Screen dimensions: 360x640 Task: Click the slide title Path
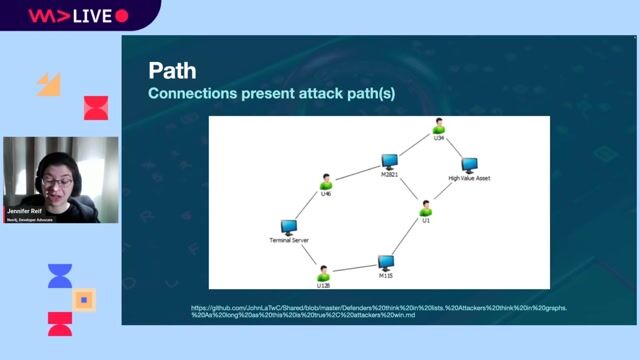pyautogui.click(x=173, y=71)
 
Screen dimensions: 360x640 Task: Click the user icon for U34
pyautogui.click(x=438, y=126)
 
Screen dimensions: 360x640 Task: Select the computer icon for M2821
pyautogui.click(x=389, y=161)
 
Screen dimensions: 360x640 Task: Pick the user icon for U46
pyautogui.click(x=325, y=182)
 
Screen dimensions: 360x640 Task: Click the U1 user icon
pyautogui.click(x=425, y=207)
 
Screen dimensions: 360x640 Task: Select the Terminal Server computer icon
pyautogui.click(x=288, y=227)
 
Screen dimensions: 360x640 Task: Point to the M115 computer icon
pyautogui.click(x=386, y=261)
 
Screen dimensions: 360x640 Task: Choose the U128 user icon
pyautogui.click(x=323, y=271)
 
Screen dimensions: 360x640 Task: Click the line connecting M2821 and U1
pyautogui.click(x=407, y=185)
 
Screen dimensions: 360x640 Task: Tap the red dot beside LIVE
pyautogui.click(x=122, y=16)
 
